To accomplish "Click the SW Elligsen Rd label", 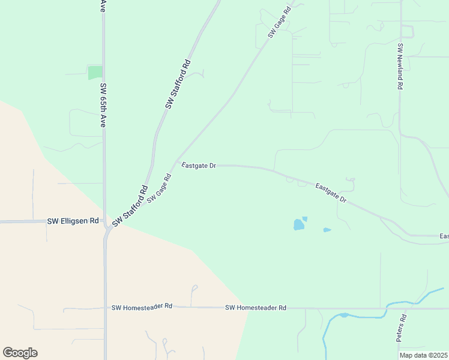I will pos(72,221).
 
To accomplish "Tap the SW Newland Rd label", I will pos(400,66).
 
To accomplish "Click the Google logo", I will pos(20,353).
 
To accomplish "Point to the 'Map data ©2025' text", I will pos(423,355).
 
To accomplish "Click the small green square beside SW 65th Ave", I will pos(95,73).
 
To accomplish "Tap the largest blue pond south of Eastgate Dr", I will pos(298,225).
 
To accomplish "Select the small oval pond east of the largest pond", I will pos(327,230).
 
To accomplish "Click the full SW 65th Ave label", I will pos(103,105).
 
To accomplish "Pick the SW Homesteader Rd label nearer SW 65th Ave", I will pos(142,307).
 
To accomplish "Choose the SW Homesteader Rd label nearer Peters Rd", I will pos(256,308).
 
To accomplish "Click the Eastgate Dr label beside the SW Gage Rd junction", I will pos(199,166).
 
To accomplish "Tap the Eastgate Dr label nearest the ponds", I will pos(331,193).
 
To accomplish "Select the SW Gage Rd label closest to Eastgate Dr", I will pos(159,188).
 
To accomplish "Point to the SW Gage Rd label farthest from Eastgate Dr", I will pos(280,22).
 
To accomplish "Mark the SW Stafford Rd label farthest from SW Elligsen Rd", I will pos(178,84).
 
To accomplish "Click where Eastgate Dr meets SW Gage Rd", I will pos(177,163).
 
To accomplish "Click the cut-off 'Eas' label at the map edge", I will pos(444,236).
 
